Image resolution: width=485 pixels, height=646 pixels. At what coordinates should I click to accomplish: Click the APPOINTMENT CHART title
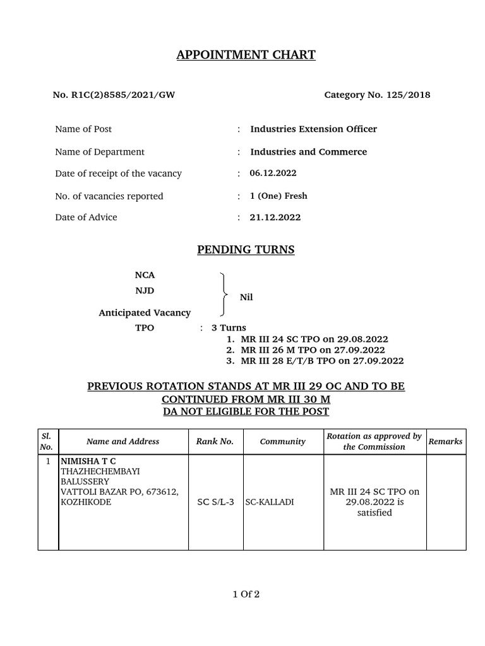click(246, 55)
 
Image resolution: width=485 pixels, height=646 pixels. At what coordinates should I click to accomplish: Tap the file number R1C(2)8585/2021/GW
click(114, 95)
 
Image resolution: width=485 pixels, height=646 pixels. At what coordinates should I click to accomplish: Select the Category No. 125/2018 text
click(377, 95)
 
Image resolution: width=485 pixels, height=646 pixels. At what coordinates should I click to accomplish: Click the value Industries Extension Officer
click(313, 129)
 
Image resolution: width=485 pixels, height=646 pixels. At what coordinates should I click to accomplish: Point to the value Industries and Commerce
click(308, 152)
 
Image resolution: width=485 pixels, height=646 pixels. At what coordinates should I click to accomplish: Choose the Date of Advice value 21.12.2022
click(275, 218)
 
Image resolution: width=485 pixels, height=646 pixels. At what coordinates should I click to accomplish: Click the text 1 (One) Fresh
click(278, 196)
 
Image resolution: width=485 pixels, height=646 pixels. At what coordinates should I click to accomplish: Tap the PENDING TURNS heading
click(246, 250)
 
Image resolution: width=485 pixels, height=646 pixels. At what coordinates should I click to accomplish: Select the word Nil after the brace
click(246, 297)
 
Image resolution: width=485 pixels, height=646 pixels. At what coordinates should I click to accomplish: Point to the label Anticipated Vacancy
click(145, 313)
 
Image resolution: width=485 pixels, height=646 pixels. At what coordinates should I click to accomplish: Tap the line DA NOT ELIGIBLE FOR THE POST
click(246, 411)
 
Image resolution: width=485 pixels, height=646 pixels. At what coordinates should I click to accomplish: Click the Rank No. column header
click(215, 442)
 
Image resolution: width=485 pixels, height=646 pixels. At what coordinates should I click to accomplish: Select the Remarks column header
click(445, 442)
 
